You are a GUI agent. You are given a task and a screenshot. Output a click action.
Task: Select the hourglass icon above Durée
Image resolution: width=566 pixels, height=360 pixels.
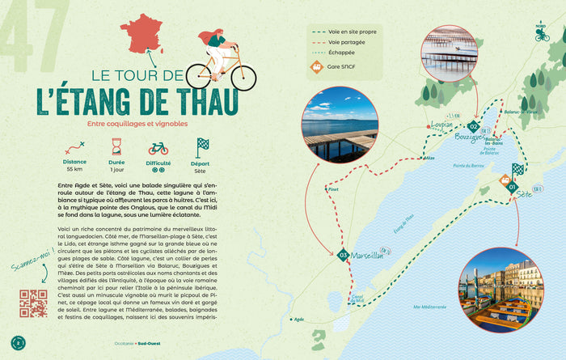pos(116,147)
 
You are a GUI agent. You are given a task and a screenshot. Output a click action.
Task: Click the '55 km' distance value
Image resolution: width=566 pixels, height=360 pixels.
pos(74,170)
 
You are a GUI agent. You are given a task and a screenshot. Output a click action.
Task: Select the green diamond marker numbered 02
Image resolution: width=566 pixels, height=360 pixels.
pos(474,126)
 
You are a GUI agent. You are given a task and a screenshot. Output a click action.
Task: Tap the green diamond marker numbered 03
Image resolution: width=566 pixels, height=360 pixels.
pos(344,256)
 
